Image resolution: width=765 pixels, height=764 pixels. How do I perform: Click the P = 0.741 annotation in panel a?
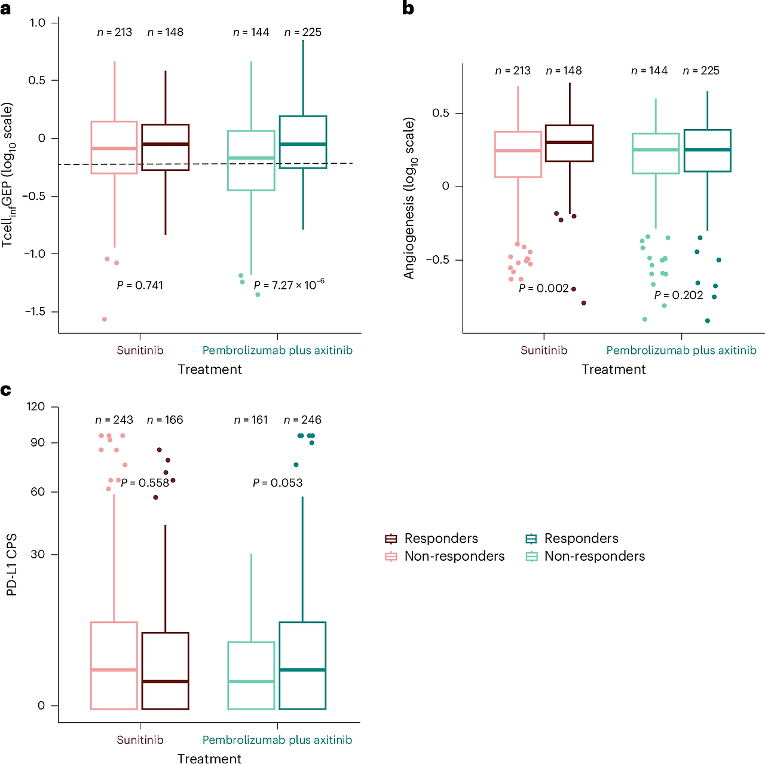(140, 285)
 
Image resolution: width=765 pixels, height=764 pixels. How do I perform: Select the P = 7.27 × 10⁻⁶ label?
(289, 285)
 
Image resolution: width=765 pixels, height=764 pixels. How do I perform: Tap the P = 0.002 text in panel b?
(543, 288)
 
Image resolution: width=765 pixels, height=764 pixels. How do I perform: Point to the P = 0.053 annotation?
(277, 482)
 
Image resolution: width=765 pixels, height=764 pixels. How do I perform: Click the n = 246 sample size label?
(302, 420)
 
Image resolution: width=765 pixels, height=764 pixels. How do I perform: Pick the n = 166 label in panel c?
(165, 420)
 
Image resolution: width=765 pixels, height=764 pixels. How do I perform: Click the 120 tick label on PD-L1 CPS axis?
(36, 407)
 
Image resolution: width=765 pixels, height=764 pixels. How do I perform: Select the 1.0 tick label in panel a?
(37, 23)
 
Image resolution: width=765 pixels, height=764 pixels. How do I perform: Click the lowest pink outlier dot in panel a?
(105, 319)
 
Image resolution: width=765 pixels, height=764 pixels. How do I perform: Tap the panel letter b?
(408, 8)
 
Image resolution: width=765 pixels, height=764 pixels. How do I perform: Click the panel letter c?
(5, 390)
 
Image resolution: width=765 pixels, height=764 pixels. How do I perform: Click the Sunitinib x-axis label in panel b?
(544, 350)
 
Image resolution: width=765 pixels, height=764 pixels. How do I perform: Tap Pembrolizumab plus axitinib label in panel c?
(277, 739)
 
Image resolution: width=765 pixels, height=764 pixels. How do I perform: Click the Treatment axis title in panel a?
(210, 369)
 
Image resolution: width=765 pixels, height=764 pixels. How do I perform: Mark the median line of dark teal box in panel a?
(302, 143)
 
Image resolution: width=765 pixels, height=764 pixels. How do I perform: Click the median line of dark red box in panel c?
(165, 682)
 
